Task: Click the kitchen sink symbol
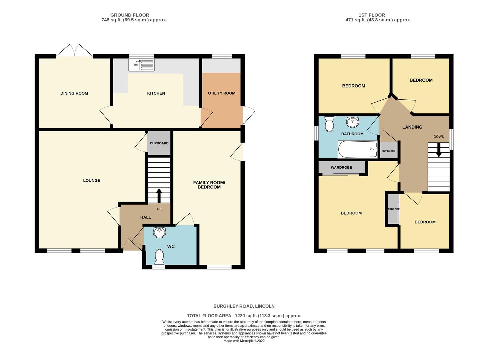point(141,65)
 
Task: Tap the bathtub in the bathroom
point(357,149)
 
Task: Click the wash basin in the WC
point(160,232)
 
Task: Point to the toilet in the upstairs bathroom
point(329,124)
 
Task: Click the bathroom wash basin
point(353,122)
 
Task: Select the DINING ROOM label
point(74,93)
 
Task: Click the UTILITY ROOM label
point(222,93)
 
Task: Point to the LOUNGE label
point(92,180)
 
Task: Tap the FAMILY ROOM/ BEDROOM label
point(209,185)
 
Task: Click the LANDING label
point(412,127)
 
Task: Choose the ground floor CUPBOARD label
point(159,143)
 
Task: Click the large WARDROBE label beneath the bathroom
point(341,167)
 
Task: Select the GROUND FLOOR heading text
point(130,15)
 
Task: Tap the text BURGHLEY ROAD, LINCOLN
point(244,306)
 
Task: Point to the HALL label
point(145,217)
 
